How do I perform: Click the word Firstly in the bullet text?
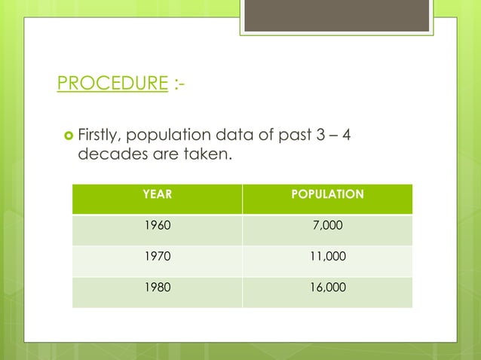(x=100, y=136)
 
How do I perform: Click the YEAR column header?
(x=157, y=195)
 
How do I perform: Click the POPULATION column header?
(x=328, y=195)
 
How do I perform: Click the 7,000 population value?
(x=328, y=226)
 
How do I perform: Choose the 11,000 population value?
(x=328, y=256)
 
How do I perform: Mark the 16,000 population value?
(x=328, y=287)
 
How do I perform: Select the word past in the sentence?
(x=290, y=136)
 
